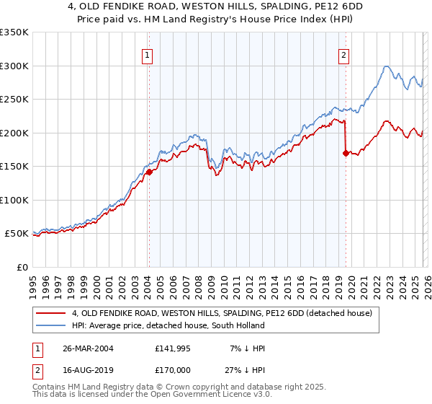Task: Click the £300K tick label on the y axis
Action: pos(14,66)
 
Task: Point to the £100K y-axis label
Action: pos(14,200)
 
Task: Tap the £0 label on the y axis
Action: pos(22,267)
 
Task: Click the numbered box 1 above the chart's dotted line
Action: pos(147,55)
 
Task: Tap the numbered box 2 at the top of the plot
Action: pos(344,55)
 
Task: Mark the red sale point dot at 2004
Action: pos(149,172)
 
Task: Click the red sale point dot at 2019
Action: pos(346,153)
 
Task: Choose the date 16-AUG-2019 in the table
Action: pos(88,370)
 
